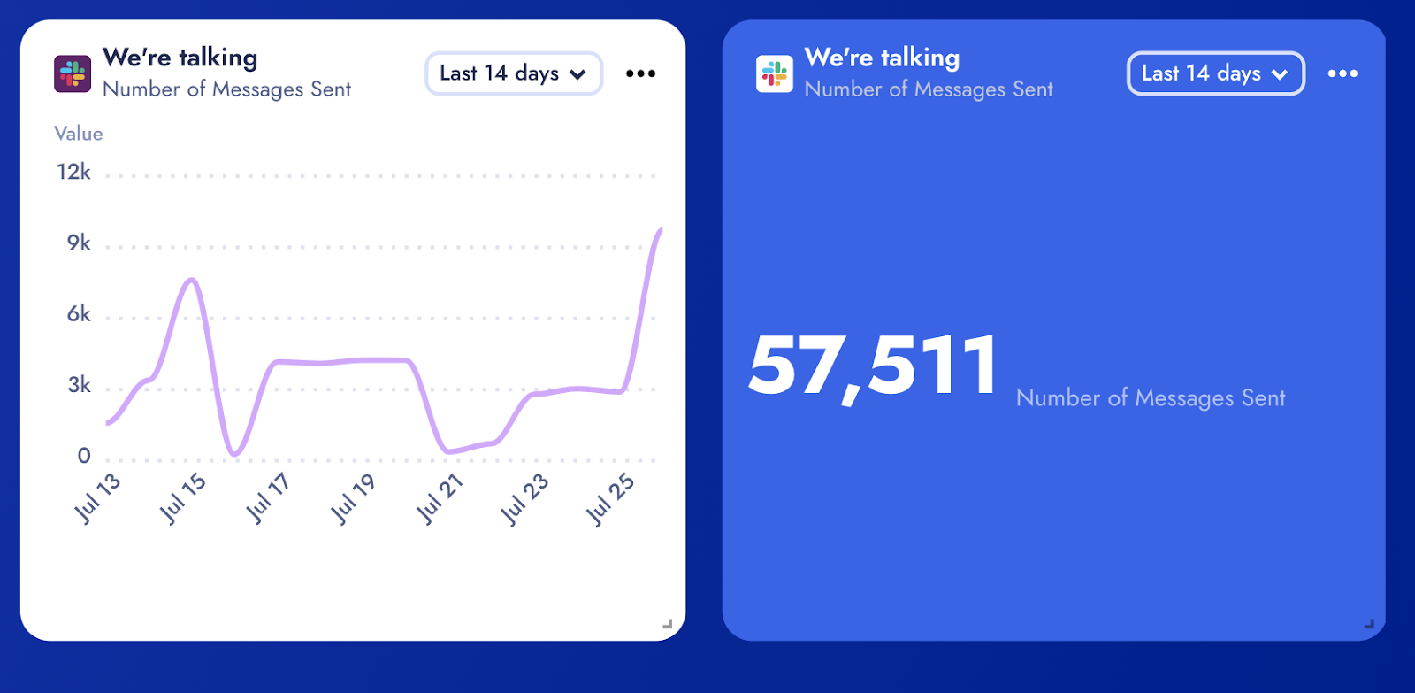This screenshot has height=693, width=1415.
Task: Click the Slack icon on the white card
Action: click(73, 74)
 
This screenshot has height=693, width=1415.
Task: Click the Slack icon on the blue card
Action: click(774, 74)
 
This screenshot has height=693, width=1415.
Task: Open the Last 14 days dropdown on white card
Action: click(513, 73)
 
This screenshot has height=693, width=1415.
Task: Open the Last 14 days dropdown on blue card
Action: click(1215, 73)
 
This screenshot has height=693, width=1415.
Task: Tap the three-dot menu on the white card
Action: click(640, 73)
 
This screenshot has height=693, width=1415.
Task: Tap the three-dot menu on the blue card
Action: click(1342, 73)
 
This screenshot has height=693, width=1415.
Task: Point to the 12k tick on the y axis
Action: click(74, 172)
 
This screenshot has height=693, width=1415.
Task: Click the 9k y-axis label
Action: click(79, 243)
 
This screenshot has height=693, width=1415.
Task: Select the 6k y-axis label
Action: click(79, 314)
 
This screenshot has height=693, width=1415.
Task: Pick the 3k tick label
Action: click(79, 385)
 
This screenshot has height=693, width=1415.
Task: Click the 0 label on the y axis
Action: click(84, 456)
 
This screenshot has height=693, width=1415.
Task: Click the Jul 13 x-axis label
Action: click(97, 498)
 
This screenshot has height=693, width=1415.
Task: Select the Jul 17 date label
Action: click(268, 498)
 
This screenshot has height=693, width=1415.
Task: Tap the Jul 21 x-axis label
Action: click(440, 498)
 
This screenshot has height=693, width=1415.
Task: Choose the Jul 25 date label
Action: click(611, 498)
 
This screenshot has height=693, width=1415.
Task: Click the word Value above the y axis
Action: click(79, 134)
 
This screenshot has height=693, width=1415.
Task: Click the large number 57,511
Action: click(874, 366)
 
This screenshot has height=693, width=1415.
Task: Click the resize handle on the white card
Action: click(668, 624)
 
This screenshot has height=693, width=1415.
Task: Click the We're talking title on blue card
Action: click(882, 58)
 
